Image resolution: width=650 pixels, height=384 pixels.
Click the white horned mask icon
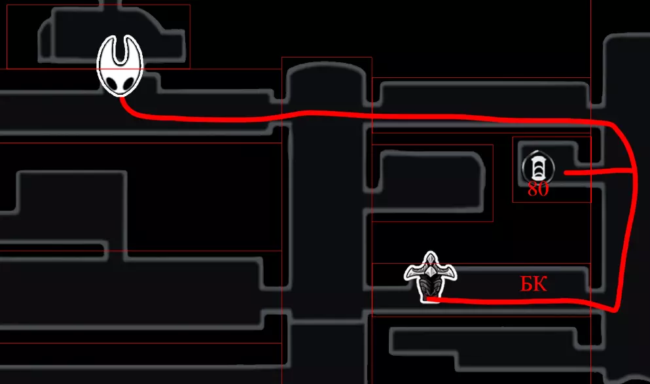120,66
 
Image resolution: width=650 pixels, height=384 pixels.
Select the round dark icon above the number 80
537,167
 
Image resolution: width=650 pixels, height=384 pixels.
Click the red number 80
538,189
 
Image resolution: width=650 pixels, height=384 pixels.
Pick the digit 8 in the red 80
533,189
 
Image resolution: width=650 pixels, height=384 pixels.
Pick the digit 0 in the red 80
544,189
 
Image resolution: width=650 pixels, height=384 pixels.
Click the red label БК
533,284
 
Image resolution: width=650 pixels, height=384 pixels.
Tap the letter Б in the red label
526,284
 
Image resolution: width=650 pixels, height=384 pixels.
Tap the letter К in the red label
541,284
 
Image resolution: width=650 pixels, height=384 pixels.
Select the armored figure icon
430,277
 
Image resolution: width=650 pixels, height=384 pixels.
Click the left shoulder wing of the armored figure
414,273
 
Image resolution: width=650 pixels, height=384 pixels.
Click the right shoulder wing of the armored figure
447,273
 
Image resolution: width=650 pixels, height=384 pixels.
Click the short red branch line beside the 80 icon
598,171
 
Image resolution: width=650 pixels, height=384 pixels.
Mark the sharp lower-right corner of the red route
617,309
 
